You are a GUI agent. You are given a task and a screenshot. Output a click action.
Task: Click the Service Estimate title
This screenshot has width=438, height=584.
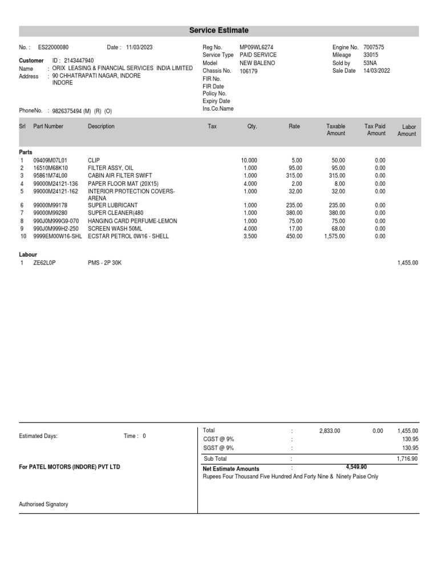[219, 30]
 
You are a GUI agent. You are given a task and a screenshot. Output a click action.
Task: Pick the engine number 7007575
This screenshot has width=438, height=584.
[375, 47]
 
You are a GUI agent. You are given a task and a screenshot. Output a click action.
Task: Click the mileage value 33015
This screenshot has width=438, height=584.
[371, 55]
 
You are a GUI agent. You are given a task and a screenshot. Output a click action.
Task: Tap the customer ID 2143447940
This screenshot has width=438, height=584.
[79, 60]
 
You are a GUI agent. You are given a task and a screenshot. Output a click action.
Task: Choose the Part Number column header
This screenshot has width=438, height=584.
[48, 126]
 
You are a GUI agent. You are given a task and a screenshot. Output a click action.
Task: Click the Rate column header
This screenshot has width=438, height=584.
[294, 126]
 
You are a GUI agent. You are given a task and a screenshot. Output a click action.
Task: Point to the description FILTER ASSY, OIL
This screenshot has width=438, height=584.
[111, 168]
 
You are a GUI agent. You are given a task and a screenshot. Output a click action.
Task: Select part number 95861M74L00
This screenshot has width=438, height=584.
[50, 176]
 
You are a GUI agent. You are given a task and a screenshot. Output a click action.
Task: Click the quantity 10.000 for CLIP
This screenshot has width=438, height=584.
[249, 161]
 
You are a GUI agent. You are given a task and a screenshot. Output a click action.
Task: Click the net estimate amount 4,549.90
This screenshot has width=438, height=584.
[356, 467]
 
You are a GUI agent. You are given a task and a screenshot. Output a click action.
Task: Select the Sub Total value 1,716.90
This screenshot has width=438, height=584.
[407, 459]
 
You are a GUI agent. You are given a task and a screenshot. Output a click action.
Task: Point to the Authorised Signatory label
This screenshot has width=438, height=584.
[44, 504]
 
